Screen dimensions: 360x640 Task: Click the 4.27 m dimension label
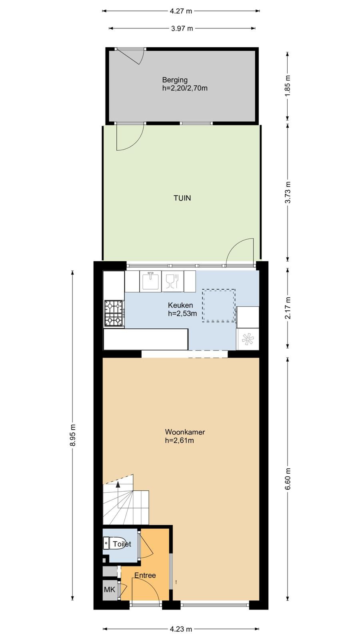181,11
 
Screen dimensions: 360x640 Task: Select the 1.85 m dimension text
288,86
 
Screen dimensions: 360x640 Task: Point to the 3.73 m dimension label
288,192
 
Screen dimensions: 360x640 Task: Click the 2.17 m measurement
288,308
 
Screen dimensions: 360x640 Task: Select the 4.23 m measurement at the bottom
181,629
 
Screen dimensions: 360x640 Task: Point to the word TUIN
182,198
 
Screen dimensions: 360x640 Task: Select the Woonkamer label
185,432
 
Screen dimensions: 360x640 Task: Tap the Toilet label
122,544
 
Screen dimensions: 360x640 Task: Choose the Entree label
145,576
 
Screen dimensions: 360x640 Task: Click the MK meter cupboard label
110,589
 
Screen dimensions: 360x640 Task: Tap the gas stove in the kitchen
114,313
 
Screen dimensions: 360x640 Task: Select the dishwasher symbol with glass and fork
172,281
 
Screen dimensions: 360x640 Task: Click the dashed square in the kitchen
219,306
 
